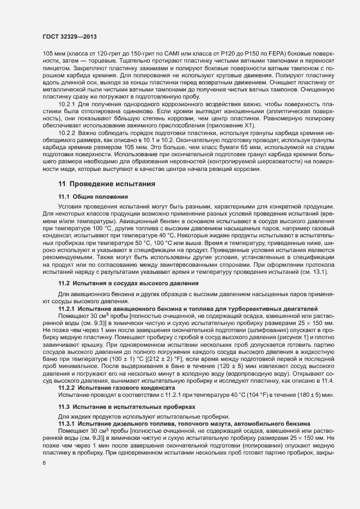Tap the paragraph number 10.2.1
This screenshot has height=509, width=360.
pyautogui.click(x=66, y=103)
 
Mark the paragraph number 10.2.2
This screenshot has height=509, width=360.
pyautogui.click(x=66, y=132)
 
